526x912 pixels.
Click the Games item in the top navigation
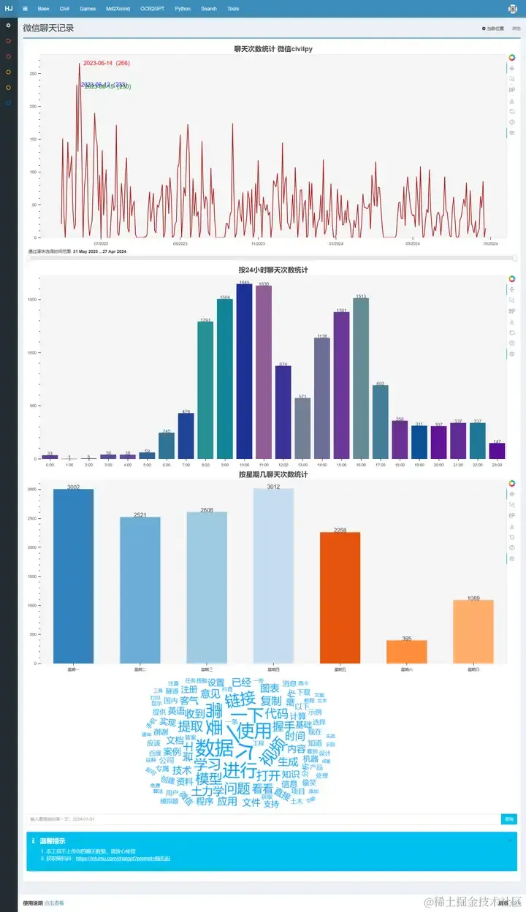88,9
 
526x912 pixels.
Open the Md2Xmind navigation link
118,9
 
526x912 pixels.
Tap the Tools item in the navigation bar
233,9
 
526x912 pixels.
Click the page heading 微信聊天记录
48,28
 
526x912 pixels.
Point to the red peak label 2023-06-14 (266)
107,63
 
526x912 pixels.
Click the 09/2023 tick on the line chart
180,243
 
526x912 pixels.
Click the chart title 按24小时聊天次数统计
273,270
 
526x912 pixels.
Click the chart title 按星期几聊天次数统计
273,475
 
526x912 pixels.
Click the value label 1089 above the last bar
473,598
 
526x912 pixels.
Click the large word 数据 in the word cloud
215,748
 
